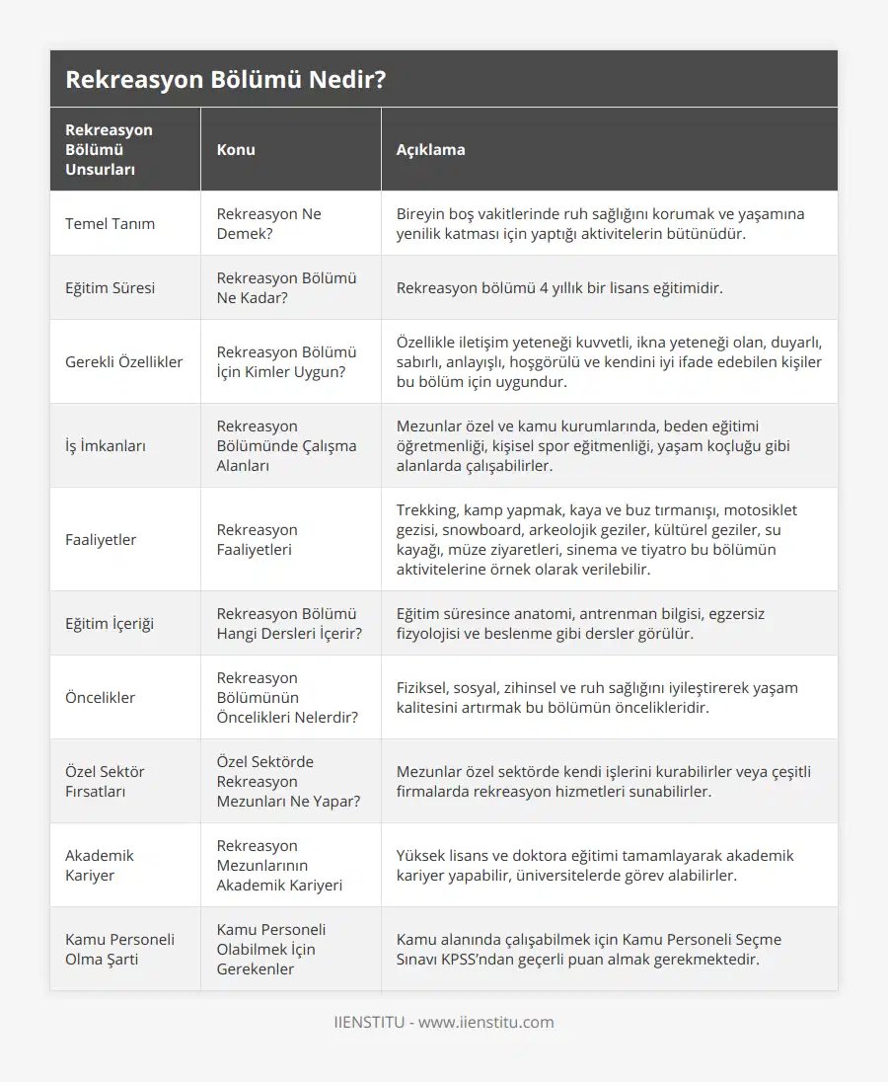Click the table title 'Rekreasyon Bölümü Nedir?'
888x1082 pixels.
[x=225, y=80]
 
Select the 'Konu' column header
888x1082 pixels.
[x=236, y=150]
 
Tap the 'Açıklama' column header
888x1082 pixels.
[x=430, y=150]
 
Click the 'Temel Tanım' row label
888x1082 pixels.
[x=110, y=224]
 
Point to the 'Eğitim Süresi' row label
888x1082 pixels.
[x=110, y=288]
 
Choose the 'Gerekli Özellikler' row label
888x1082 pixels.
[x=123, y=362]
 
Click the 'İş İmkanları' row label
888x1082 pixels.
[x=106, y=446]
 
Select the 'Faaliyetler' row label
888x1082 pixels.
[x=101, y=540]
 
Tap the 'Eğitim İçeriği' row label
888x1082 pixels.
[x=110, y=624]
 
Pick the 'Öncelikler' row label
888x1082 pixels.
[x=100, y=698]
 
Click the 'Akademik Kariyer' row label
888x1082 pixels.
[x=100, y=866]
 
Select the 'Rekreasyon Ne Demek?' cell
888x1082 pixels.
[x=269, y=224]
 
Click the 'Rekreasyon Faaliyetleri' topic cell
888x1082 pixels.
[x=258, y=540]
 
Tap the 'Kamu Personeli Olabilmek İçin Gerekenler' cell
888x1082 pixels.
[x=271, y=950]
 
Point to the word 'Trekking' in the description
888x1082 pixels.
[x=427, y=510]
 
